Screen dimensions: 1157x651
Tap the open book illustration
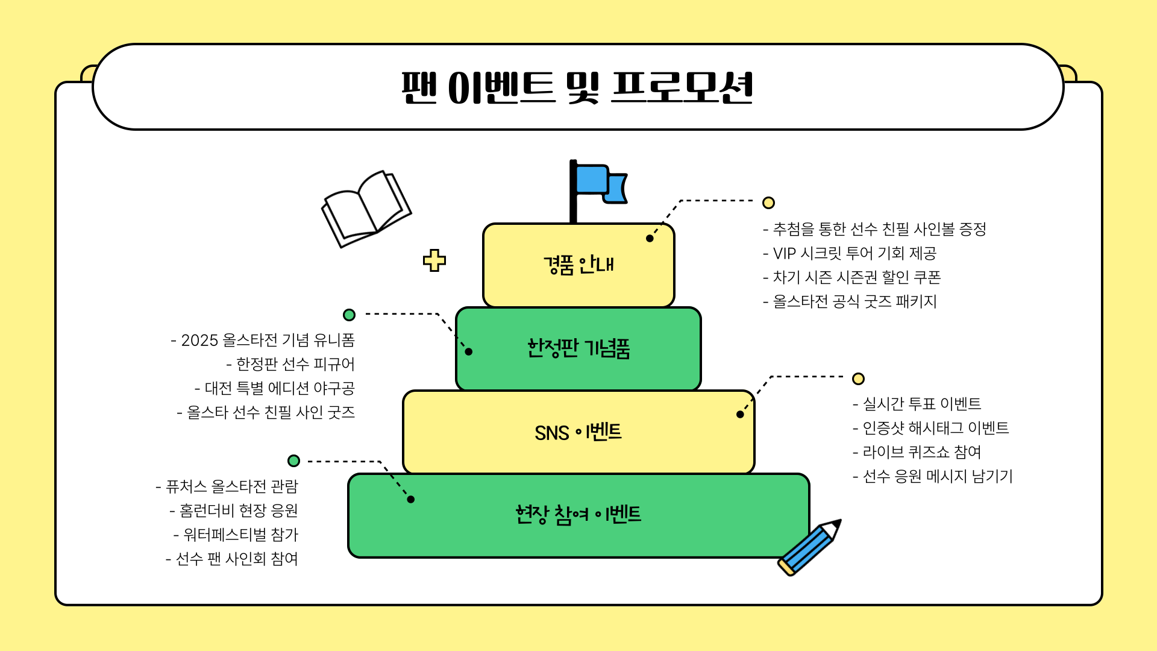(365, 209)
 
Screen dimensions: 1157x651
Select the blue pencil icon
(809, 547)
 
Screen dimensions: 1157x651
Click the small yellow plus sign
(434, 260)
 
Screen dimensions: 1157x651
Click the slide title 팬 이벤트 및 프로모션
(577, 88)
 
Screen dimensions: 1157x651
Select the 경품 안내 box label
(578, 265)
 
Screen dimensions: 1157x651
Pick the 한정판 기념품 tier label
(578, 348)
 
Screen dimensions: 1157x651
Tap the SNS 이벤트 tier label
(578, 432)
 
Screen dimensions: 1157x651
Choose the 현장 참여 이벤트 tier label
(578, 515)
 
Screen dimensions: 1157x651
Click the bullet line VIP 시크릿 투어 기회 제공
(850, 253)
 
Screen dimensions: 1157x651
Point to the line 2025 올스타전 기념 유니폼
(263, 341)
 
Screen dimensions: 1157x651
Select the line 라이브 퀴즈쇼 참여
(917, 452)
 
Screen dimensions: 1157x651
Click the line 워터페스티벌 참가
(236, 535)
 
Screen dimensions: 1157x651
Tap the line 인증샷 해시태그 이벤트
(930, 428)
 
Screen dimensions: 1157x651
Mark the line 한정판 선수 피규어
(290, 365)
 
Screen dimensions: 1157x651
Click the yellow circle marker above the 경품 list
(768, 203)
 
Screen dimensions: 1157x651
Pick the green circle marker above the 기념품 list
(349, 315)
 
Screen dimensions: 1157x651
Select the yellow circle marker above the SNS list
(859, 379)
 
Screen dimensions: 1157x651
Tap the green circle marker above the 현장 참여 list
(293, 461)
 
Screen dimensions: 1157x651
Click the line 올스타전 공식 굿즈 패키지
(850, 301)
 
